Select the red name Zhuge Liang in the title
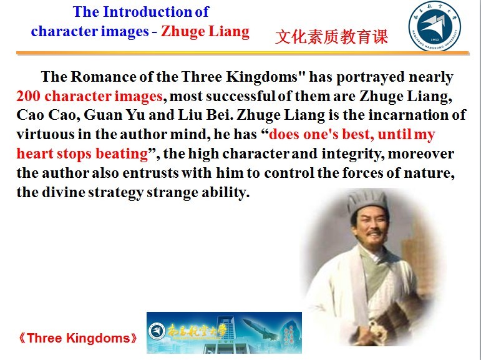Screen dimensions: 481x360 coord(205,32)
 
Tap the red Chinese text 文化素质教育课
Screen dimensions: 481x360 coord(332,37)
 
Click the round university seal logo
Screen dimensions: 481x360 coord(434,26)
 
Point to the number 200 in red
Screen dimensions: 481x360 coord(28,96)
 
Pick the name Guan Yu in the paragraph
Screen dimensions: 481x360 coord(114,115)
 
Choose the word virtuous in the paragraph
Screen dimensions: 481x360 coord(45,134)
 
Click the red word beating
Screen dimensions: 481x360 coord(122,153)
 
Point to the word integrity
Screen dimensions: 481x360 coord(352,153)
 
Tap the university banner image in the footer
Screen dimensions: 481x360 coord(224,333)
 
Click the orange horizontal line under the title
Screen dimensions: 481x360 coord(243,54)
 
